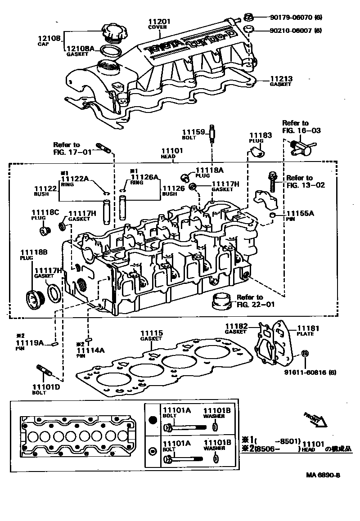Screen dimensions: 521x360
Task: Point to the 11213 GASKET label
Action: tap(281, 81)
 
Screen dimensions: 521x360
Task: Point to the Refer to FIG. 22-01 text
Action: tap(250, 301)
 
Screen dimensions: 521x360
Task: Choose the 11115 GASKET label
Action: tap(151, 336)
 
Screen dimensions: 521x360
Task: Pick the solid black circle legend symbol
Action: tap(153, 420)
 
